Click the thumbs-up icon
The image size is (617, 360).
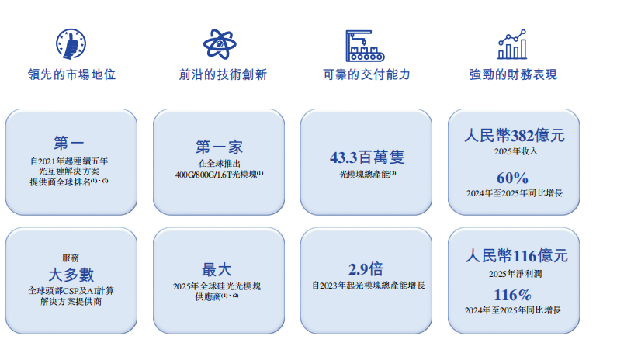click(x=71, y=43)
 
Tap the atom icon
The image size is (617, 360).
click(x=220, y=44)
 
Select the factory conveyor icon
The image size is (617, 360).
click(x=365, y=46)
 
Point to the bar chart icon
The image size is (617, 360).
click(x=512, y=44)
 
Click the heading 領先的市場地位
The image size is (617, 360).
click(x=72, y=74)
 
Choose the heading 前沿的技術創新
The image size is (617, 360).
click(x=223, y=74)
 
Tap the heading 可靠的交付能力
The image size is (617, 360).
click(x=367, y=74)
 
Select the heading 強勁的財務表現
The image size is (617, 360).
click(x=513, y=74)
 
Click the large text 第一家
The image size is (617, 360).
click(x=219, y=147)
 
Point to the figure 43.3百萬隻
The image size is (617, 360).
click(x=367, y=157)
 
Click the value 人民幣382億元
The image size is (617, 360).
click(x=515, y=136)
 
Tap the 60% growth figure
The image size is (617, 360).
click(x=512, y=178)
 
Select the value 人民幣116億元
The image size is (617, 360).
click(x=517, y=256)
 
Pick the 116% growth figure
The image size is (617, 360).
click(x=513, y=295)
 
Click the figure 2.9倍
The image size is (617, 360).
click(x=366, y=269)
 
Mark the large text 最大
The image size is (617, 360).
click(x=217, y=270)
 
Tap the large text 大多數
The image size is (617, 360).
click(x=71, y=275)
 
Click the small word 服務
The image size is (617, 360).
click(x=71, y=258)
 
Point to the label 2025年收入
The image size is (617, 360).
click(x=515, y=151)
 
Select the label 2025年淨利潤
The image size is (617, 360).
click(x=515, y=274)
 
